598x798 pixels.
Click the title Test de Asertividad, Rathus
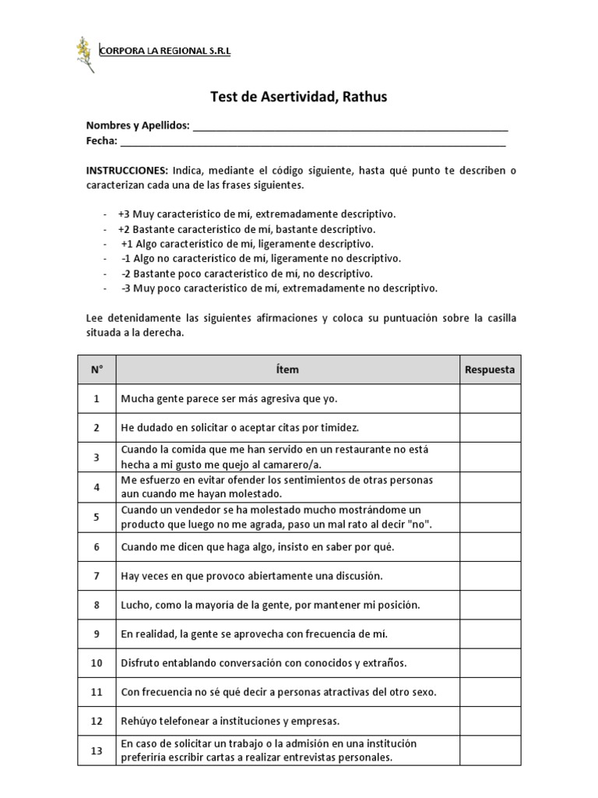pos(299,97)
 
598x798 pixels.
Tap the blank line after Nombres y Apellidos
pos(350,127)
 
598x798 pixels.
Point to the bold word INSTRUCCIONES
pos(127,170)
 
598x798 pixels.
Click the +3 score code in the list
pos(125,214)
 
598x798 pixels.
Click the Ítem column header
pos(287,370)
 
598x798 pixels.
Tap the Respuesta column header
pos(490,370)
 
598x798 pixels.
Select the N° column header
pos(97,370)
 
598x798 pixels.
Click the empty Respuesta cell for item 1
pos(490,399)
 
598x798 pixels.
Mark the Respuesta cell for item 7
pos(490,576)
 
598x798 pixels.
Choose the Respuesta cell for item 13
pos(490,751)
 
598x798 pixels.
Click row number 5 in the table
pos(97,517)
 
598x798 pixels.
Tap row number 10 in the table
pos(97,663)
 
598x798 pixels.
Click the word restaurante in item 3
pos(348,450)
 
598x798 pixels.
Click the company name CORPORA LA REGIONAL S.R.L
pos(166,51)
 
